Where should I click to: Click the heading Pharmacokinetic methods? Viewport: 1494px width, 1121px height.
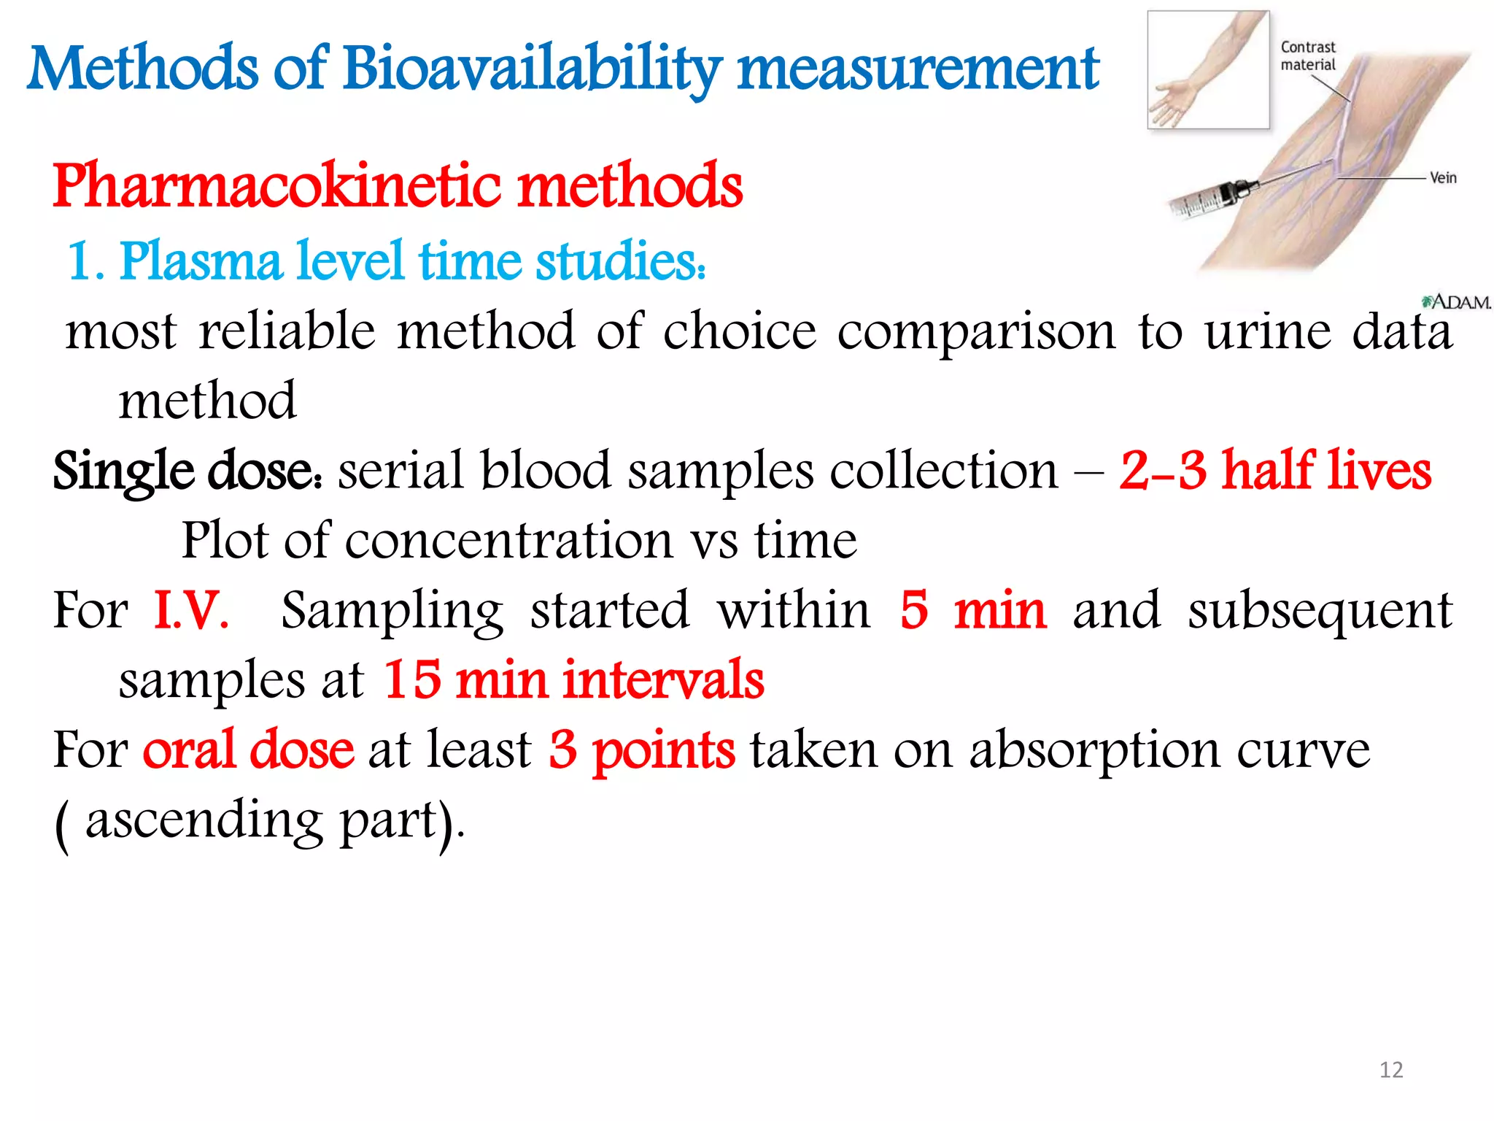tap(398, 186)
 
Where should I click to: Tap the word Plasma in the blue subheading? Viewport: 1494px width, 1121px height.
tap(201, 261)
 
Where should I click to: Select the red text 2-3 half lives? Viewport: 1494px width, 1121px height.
tap(1275, 471)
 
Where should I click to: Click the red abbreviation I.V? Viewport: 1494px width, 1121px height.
tap(191, 610)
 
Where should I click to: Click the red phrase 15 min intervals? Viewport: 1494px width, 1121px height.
tap(573, 680)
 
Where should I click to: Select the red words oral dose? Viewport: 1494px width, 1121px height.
tap(248, 750)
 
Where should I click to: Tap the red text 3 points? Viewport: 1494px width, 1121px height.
tap(642, 750)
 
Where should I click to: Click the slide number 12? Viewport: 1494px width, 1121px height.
tap(1391, 1070)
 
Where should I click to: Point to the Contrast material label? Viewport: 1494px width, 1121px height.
tap(1308, 56)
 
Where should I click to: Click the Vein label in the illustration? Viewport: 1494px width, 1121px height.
tap(1442, 178)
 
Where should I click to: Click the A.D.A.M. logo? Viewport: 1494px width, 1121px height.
tap(1456, 302)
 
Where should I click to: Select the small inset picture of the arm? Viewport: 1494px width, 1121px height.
tap(1208, 70)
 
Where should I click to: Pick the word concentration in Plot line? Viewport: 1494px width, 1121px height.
tap(509, 542)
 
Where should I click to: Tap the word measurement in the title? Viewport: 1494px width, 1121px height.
tap(918, 69)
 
